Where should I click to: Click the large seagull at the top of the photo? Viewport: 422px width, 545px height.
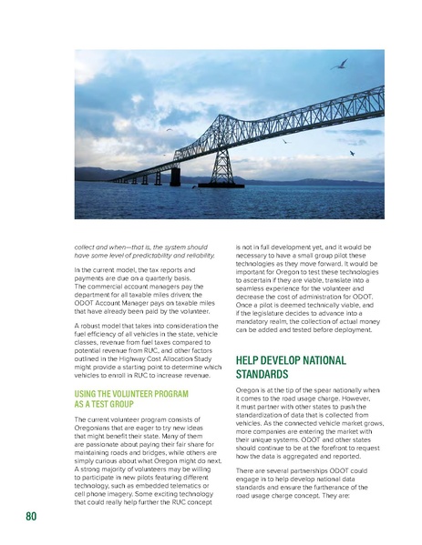click(x=341, y=65)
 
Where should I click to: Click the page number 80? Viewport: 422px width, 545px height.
click(x=31, y=518)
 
